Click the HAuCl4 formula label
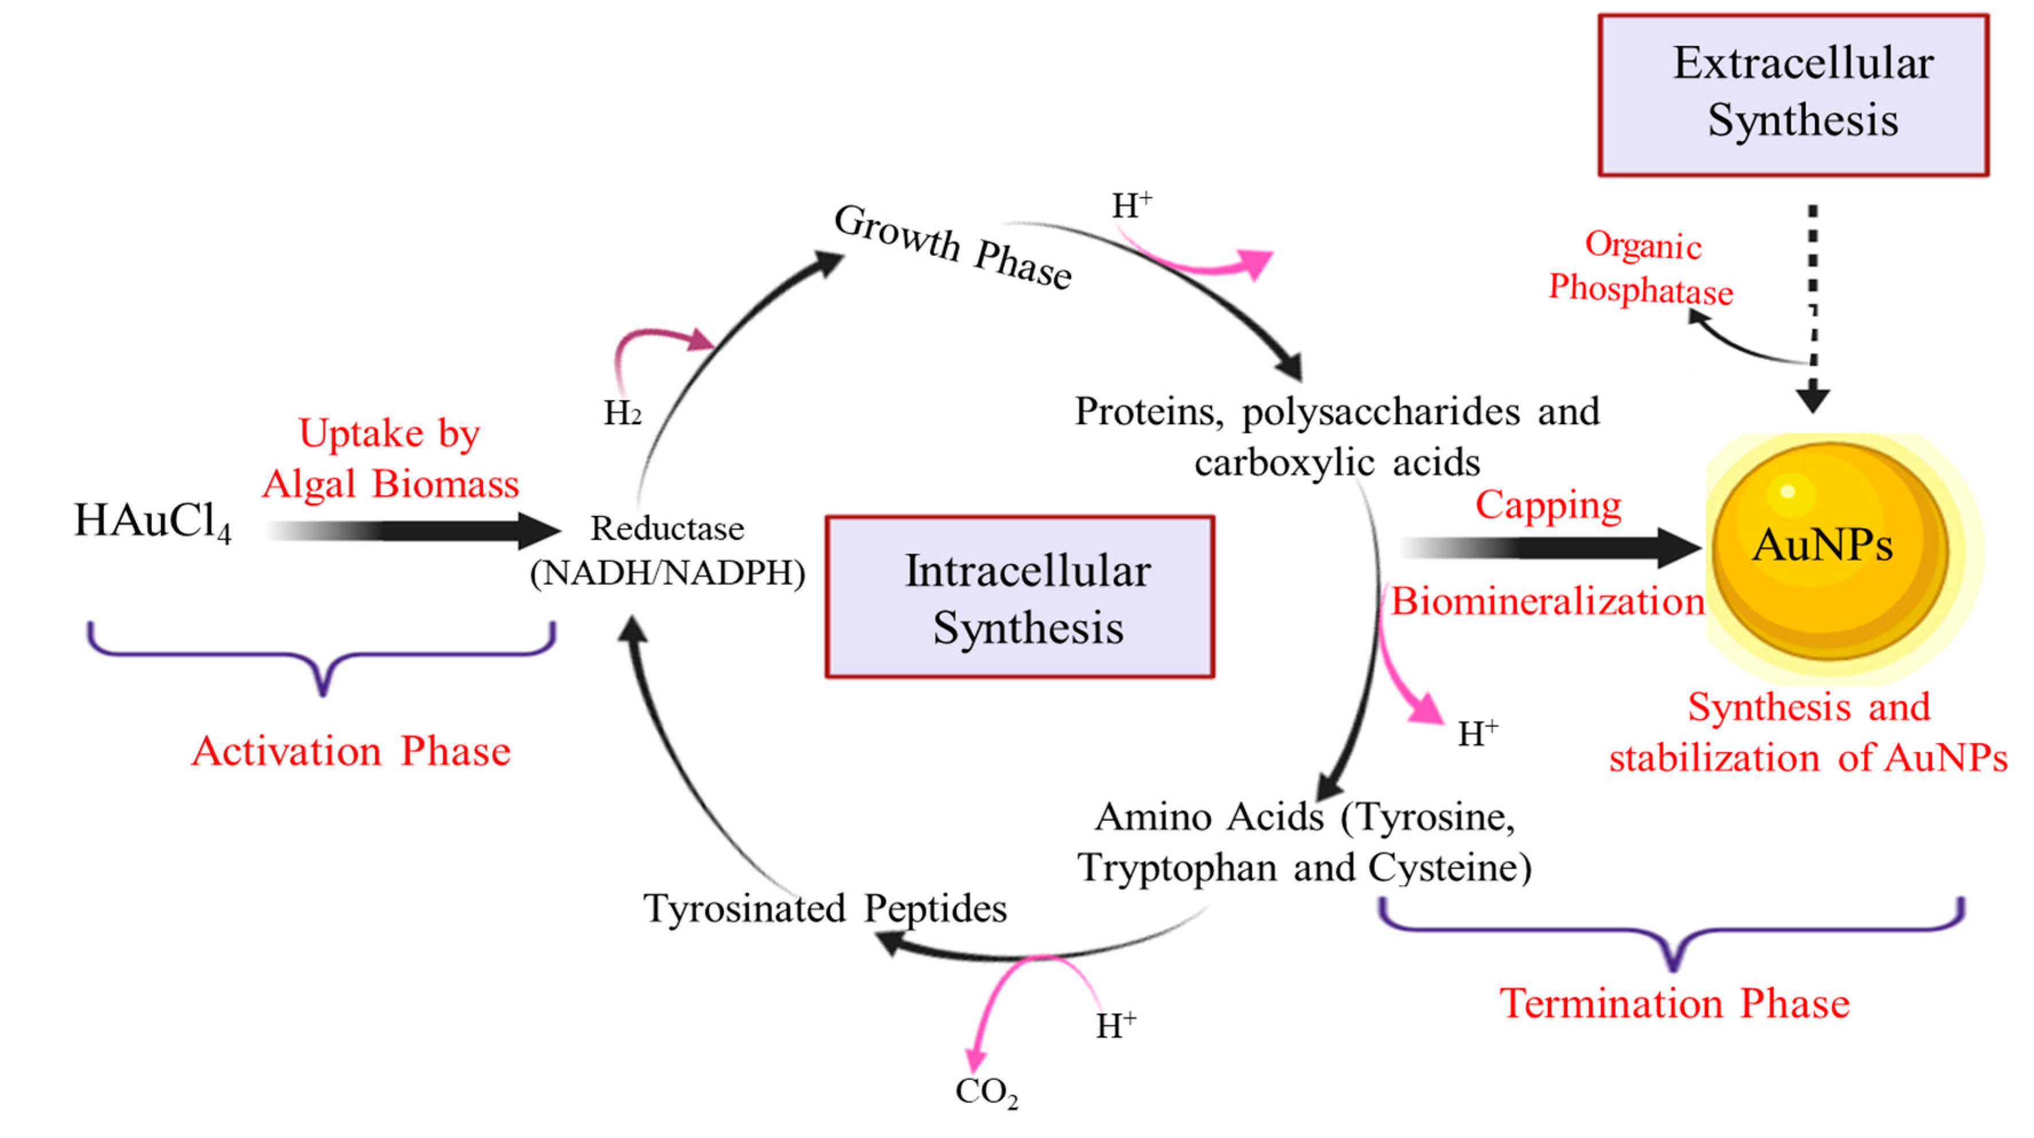point(152,522)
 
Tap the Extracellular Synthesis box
point(1793,95)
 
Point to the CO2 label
point(986,1092)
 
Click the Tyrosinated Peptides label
point(824,908)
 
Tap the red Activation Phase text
point(351,751)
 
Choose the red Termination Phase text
point(1674,1004)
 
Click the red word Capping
point(1548,505)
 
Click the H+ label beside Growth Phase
point(1132,206)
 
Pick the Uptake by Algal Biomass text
point(390,458)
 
